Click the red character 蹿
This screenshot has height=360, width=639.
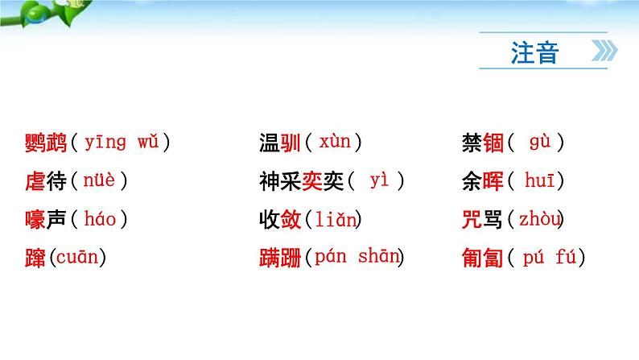pyautogui.click(x=35, y=259)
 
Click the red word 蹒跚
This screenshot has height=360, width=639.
pyautogui.click(x=279, y=259)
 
